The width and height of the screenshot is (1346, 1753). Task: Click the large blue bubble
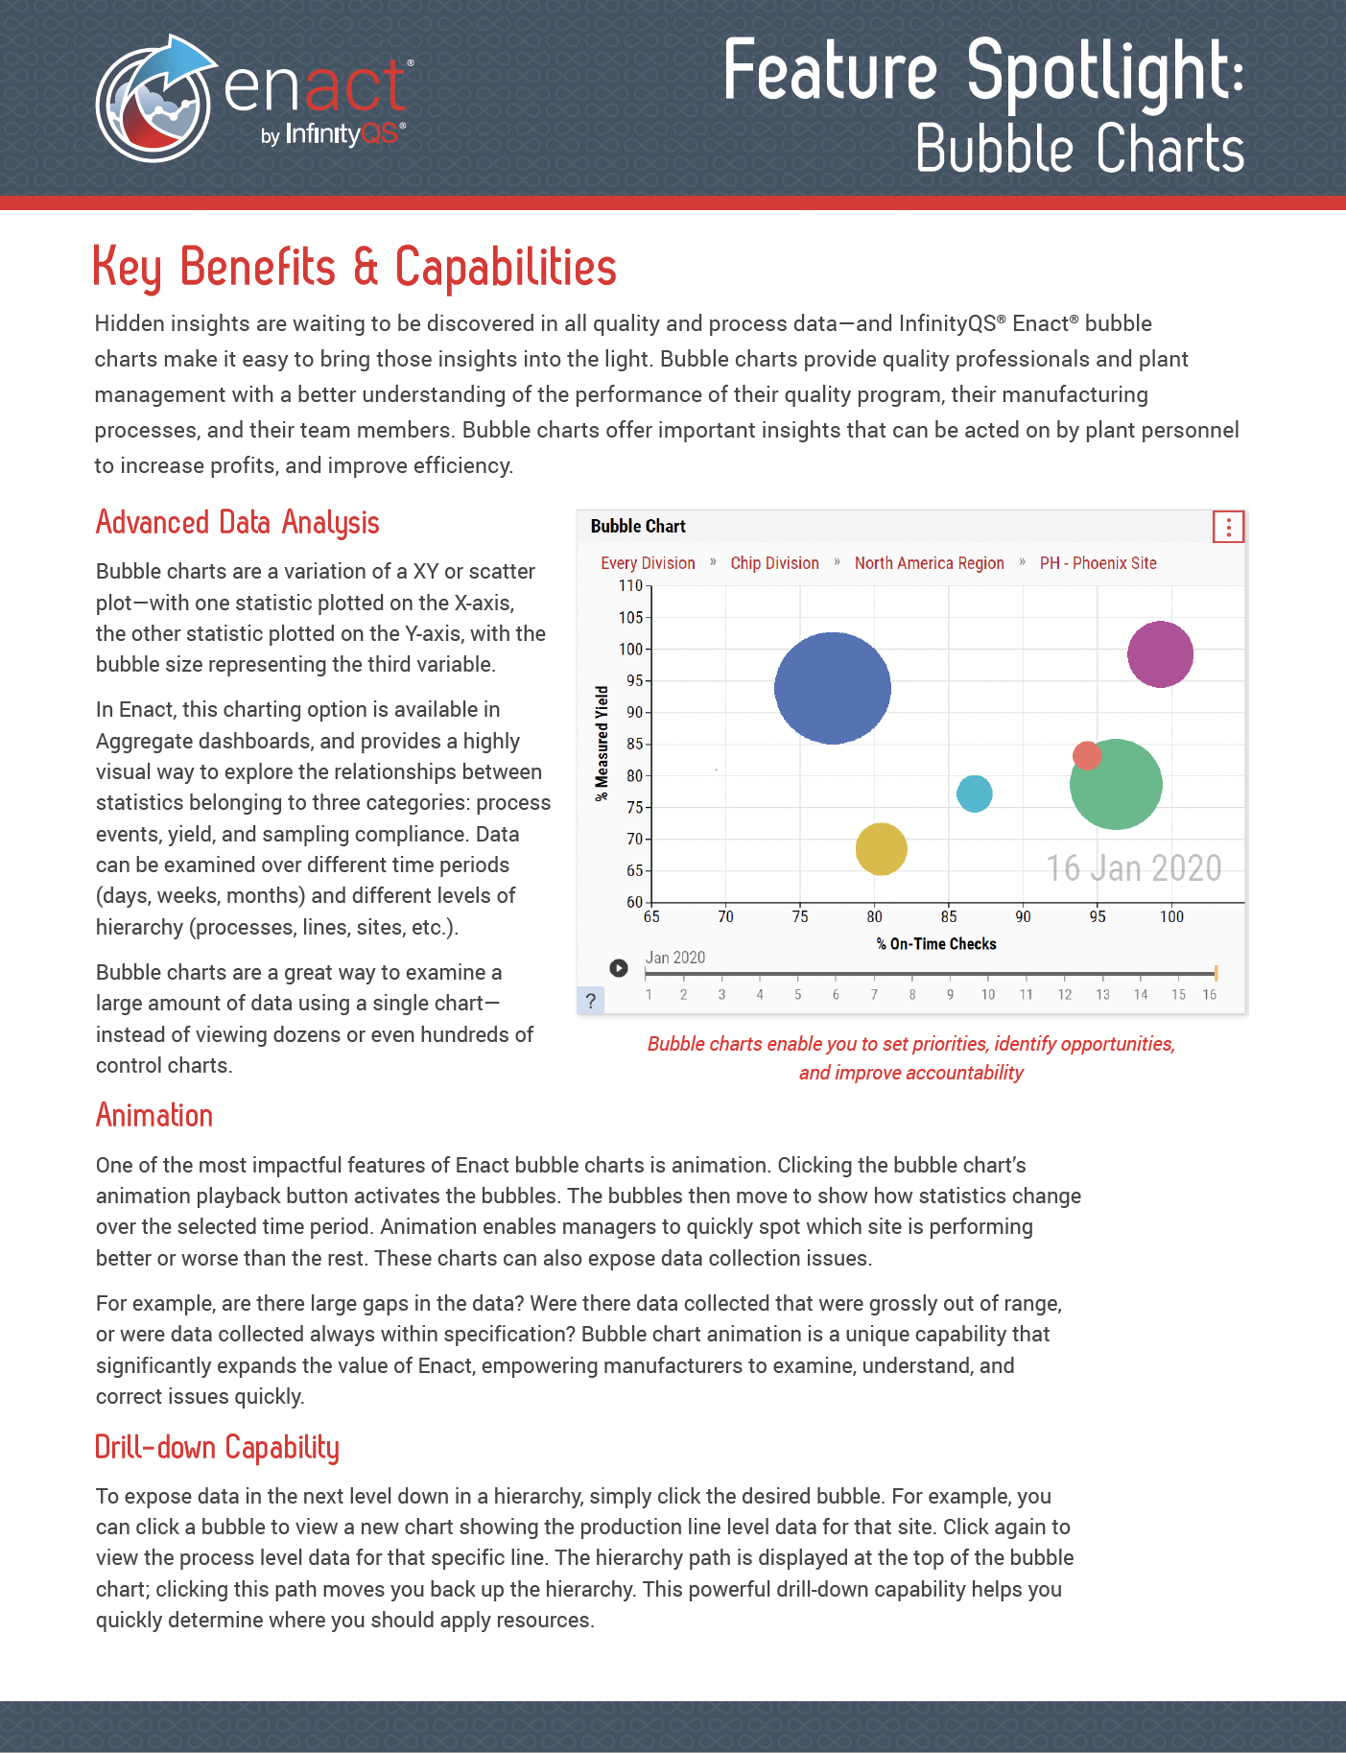pos(832,688)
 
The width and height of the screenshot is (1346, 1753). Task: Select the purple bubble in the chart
pos(1160,654)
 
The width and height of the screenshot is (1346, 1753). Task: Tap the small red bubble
pos(1086,755)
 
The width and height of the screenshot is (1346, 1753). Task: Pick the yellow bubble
pos(881,849)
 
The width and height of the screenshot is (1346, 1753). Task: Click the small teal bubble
pos(974,794)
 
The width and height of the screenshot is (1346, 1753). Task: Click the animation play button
pos(619,968)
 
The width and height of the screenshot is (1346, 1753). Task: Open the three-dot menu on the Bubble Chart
pos(1228,527)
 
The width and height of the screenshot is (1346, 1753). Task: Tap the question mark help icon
pos(591,1001)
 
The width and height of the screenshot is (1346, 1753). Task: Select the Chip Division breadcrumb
pos(774,563)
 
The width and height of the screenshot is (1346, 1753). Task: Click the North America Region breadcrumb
pos(929,563)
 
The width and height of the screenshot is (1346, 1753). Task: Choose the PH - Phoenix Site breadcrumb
pos(1098,563)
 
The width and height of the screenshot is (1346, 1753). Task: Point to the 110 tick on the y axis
pos(631,586)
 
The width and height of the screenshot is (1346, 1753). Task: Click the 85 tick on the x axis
pos(949,916)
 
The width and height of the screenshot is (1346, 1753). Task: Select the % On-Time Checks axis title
pos(936,944)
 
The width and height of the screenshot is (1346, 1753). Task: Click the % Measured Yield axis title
pos(602,743)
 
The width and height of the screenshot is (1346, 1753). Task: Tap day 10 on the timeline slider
pos(987,994)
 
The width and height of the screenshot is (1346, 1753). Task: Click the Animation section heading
pos(154,1116)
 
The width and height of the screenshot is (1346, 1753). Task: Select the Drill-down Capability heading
pos(217,1447)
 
